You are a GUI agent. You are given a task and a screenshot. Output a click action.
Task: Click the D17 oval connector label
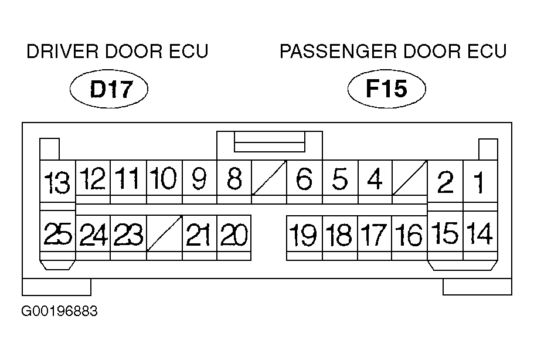108,90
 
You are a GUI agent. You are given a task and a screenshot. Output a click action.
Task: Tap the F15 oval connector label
386,89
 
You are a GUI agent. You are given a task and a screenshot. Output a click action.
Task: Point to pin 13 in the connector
57,184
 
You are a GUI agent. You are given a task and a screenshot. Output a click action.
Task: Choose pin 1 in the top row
479,184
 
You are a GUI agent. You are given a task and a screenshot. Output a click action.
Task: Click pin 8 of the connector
234,179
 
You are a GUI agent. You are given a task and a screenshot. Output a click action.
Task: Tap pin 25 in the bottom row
57,236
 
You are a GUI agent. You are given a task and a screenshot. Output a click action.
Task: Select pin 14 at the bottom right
479,234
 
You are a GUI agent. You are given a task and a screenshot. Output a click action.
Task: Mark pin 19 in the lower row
304,236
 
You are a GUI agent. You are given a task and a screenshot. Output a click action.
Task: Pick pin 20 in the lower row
234,236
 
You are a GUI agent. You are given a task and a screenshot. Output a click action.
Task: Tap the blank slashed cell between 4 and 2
410,179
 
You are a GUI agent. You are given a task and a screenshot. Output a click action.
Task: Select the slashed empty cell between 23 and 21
164,236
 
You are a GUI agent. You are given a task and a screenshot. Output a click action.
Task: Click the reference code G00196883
60,310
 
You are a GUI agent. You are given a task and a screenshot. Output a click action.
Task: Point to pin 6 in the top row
304,179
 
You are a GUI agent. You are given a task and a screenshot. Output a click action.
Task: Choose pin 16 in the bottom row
409,236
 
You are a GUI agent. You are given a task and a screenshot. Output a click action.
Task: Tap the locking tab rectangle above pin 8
269,142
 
